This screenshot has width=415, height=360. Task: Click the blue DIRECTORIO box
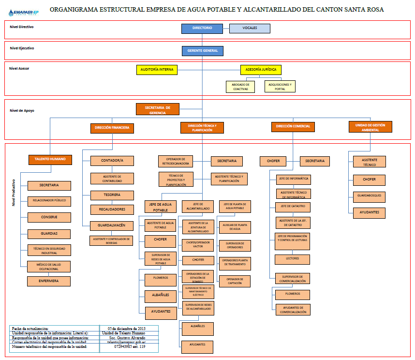click(202, 28)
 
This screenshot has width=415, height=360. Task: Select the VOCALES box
click(250, 28)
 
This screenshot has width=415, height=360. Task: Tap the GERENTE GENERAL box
click(202, 50)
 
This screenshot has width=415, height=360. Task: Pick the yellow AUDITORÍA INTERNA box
click(156, 70)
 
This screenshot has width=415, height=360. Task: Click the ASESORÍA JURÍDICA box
click(261, 70)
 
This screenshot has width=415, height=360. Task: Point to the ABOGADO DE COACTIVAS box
click(240, 87)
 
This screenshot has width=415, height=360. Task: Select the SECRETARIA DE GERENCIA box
click(158, 109)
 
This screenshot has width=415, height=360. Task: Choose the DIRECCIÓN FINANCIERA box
click(112, 128)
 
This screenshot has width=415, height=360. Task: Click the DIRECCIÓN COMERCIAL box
click(293, 127)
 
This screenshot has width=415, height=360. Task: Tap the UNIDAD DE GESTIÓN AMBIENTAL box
click(371, 127)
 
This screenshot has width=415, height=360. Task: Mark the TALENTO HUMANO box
click(50, 159)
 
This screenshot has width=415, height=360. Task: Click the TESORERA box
click(112, 195)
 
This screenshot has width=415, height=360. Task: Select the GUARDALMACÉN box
click(112, 225)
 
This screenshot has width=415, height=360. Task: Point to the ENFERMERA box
click(49, 281)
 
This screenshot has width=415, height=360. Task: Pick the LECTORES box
click(293, 259)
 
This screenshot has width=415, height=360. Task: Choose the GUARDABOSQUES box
click(369, 196)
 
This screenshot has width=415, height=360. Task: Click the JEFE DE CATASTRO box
click(293, 207)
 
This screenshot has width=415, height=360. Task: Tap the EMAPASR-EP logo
click(23, 11)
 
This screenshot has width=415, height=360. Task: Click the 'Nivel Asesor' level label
click(19, 69)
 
